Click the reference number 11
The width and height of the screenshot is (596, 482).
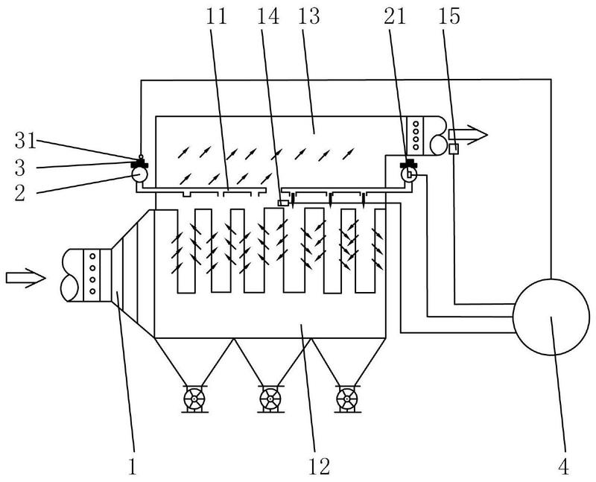216,16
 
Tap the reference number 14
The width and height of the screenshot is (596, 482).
268,16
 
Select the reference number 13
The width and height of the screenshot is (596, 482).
308,16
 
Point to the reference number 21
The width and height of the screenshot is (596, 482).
395,16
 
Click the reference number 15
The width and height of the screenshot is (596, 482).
449,16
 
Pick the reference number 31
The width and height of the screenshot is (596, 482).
25,140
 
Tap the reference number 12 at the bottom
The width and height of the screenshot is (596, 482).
320,466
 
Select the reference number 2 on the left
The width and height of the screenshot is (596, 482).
20,193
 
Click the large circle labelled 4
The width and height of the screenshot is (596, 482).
551,317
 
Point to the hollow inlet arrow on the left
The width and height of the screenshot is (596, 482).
26,278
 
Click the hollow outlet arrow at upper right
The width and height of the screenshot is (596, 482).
468,135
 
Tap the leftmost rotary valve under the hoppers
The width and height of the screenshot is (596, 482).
194,399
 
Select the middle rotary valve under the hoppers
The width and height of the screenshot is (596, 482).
270,399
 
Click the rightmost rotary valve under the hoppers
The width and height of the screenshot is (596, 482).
347,399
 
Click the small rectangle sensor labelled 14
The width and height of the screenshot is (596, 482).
283,203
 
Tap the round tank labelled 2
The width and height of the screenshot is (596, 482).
139,175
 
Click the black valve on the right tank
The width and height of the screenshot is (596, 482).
408,164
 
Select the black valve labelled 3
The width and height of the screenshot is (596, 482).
139,164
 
